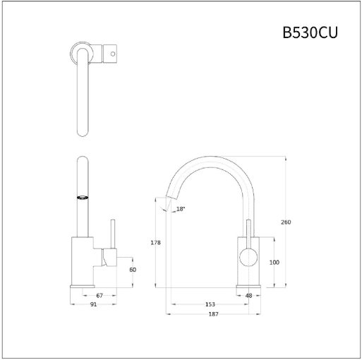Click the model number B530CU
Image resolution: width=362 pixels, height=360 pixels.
pyautogui.click(x=310, y=32)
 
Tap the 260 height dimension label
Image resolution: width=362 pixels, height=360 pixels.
pyautogui.click(x=286, y=222)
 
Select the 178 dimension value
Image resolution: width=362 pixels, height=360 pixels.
pyautogui.click(x=155, y=243)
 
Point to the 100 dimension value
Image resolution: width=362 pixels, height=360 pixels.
pyautogui.click(x=274, y=263)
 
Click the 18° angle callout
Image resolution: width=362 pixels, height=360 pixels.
pyautogui.click(x=181, y=209)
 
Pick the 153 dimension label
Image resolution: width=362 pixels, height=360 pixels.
pyautogui.click(x=210, y=304)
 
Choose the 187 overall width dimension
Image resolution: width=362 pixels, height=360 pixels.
pyautogui.click(x=213, y=314)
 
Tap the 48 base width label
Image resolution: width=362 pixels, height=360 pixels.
pyautogui.click(x=248, y=296)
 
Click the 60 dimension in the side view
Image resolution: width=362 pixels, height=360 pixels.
pyautogui.click(x=133, y=270)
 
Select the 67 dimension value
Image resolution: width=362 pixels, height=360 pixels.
pyautogui.click(x=99, y=296)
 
